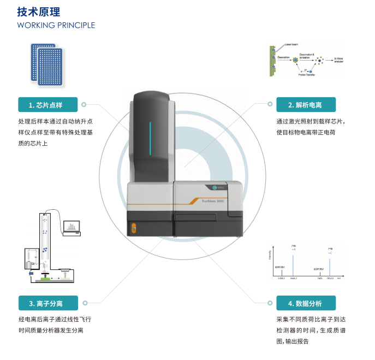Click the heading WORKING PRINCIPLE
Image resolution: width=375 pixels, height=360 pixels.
point(56,25)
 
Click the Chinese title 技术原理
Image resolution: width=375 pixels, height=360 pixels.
point(39,11)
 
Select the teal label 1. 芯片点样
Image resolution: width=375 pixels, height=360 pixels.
point(49,104)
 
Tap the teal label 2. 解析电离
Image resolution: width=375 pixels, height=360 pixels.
point(305,104)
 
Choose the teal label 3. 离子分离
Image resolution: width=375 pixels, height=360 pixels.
point(49,303)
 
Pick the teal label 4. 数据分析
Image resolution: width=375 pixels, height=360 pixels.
point(305,303)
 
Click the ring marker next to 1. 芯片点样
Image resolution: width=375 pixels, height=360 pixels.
point(84,104)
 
